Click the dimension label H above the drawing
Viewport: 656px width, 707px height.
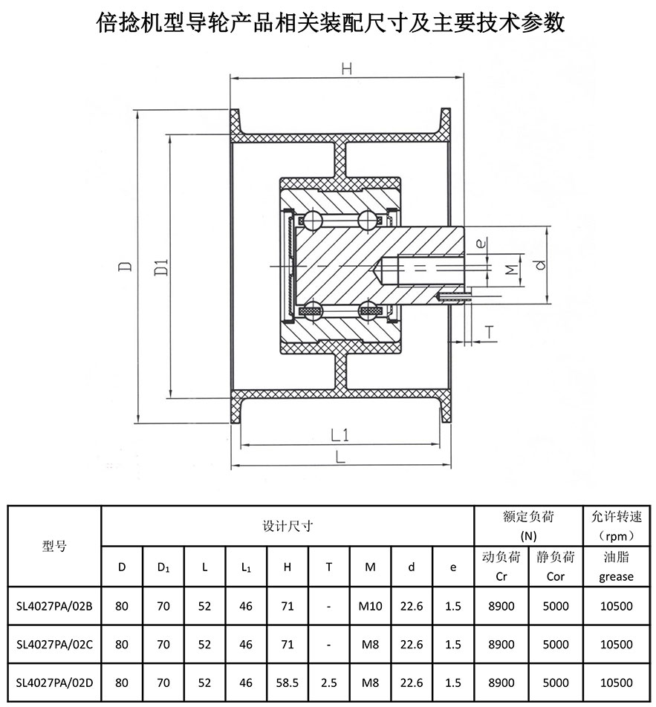(x=345, y=69)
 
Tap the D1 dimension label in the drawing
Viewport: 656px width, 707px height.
(x=161, y=267)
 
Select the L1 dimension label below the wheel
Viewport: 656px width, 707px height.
(x=340, y=434)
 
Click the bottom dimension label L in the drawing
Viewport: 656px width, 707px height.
(x=340, y=457)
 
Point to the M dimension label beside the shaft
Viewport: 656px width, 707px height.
(x=510, y=269)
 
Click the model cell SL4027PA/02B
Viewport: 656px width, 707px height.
(x=53, y=606)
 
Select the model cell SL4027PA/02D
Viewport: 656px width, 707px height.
(x=53, y=682)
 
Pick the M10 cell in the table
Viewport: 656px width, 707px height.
(x=369, y=606)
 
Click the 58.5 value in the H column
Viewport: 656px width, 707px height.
(x=287, y=682)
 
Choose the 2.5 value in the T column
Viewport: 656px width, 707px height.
(x=328, y=682)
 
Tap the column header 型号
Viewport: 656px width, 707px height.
(x=53, y=546)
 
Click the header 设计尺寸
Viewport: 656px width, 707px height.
(x=287, y=526)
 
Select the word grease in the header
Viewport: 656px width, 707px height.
(x=616, y=576)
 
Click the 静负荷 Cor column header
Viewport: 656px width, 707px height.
(x=555, y=566)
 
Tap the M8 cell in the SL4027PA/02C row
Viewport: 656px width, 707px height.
(x=369, y=645)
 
